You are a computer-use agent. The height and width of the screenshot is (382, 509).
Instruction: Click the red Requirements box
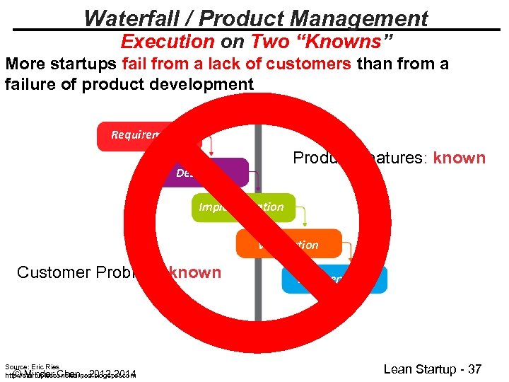134,136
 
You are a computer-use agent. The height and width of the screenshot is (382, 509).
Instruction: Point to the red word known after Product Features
459,158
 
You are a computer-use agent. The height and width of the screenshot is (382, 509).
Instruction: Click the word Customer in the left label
52,272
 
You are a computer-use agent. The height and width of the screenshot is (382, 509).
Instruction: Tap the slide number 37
474,369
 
